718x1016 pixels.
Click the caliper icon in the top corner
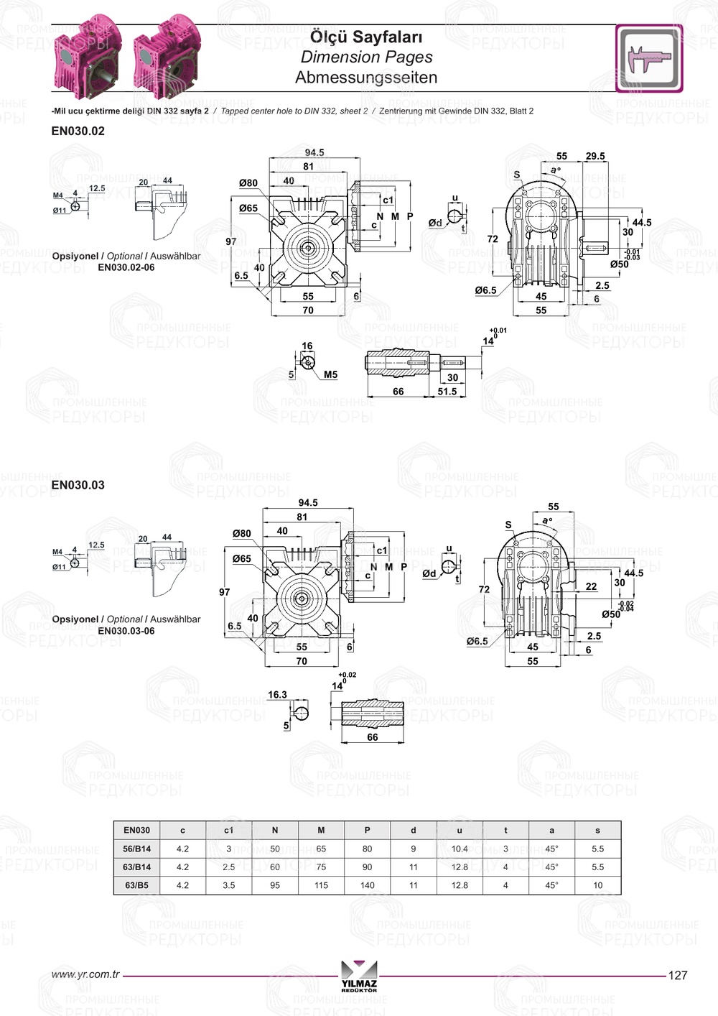tap(649, 58)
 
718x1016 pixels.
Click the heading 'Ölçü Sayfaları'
tap(366, 37)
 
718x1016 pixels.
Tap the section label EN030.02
tap(78, 131)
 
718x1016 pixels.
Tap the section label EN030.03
tap(78, 485)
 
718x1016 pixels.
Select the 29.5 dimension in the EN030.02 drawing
tap(595, 156)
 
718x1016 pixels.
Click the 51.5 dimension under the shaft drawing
tap(447, 392)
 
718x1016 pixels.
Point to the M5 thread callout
tap(330, 374)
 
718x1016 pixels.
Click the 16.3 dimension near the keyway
tap(277, 695)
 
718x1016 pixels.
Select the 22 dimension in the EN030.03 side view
tap(591, 586)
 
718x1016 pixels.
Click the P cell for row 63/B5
tap(367, 885)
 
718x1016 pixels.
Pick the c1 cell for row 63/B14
tap(228, 867)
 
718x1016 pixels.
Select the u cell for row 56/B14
tap(460, 849)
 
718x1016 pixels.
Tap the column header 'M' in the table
tap(321, 830)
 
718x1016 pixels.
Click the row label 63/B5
tap(136, 885)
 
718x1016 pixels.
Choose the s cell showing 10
tap(598, 885)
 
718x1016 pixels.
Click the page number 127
tap(678, 975)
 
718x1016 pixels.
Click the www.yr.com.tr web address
tap(85, 974)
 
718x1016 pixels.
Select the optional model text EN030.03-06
tap(126, 631)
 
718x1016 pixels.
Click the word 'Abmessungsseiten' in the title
tap(366, 77)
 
